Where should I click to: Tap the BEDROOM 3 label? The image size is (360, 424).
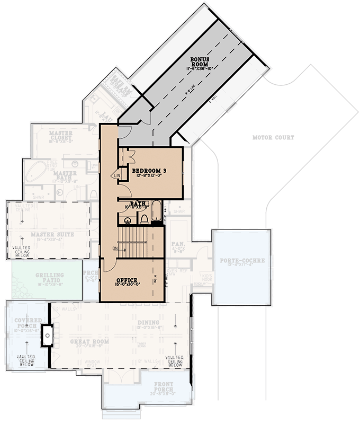pyautogui.click(x=149, y=170)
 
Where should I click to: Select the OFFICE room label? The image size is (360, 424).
pyautogui.click(x=126, y=280)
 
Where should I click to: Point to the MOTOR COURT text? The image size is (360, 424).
pyautogui.click(x=273, y=137)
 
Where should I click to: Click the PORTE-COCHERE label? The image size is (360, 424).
pyautogui.click(x=241, y=261)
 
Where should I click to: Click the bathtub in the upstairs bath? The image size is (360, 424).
pyautogui.click(x=157, y=210)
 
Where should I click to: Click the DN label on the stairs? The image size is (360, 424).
pyautogui.click(x=115, y=248)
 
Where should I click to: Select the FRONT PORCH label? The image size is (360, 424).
pyautogui.click(x=165, y=386)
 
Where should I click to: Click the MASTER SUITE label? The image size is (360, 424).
pyautogui.click(x=52, y=234)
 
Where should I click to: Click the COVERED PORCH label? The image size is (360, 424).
pyautogui.click(x=25, y=323)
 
